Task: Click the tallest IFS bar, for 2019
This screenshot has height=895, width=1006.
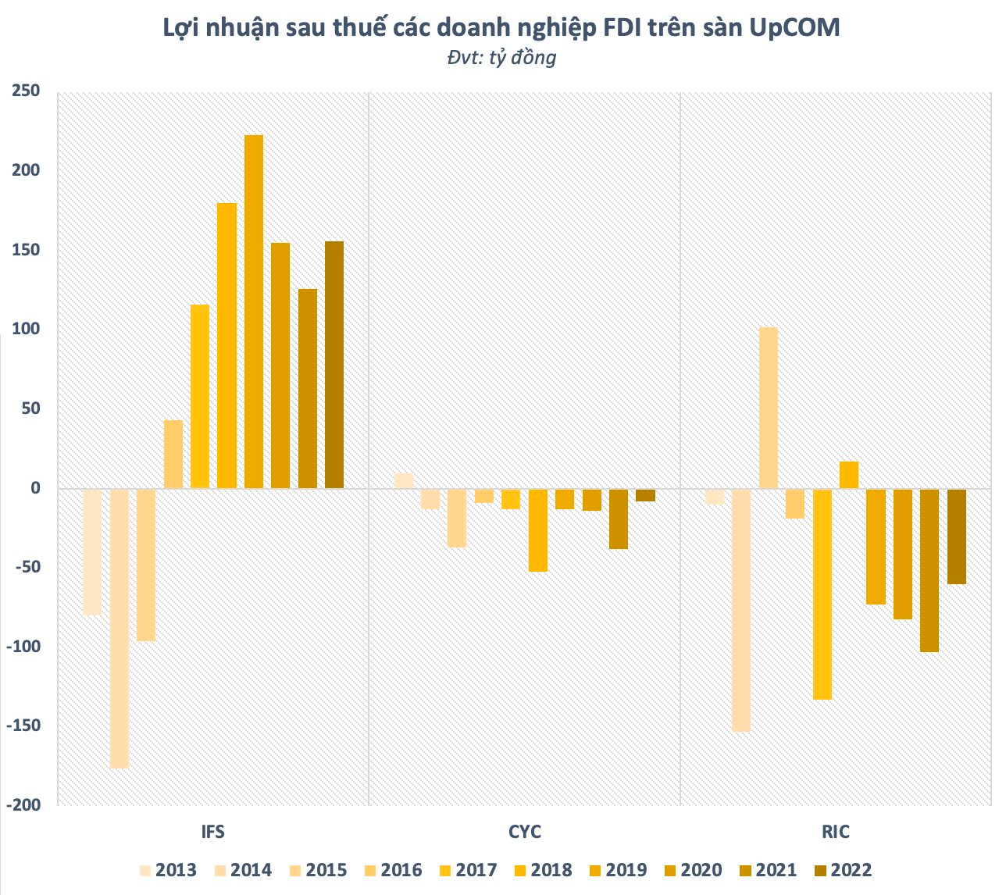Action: click(x=254, y=312)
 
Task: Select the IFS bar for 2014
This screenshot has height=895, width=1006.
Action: click(x=120, y=629)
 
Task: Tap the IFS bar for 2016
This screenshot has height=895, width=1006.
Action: click(x=173, y=455)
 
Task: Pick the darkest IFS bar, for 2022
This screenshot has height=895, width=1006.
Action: click(x=334, y=365)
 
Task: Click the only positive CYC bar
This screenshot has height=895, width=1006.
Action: click(x=404, y=481)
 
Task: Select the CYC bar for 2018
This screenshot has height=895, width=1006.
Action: click(x=538, y=530)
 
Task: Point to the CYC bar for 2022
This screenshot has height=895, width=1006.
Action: click(x=645, y=495)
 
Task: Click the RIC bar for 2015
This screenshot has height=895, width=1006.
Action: click(x=769, y=408)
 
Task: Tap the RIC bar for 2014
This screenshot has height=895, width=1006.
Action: click(x=741, y=610)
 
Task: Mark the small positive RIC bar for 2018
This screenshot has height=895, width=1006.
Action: click(x=849, y=475)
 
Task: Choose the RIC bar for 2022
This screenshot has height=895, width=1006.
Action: click(x=957, y=537)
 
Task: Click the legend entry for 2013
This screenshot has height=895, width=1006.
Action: click(x=168, y=870)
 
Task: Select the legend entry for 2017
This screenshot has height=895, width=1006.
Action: click(x=468, y=870)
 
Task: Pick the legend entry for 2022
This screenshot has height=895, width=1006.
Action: click(x=843, y=870)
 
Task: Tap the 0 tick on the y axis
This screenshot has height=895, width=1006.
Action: click(x=34, y=488)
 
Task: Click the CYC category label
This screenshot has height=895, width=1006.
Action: click(x=524, y=831)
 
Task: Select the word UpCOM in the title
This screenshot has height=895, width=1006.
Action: click(x=794, y=27)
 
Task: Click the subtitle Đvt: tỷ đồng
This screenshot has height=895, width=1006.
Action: click(x=502, y=58)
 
